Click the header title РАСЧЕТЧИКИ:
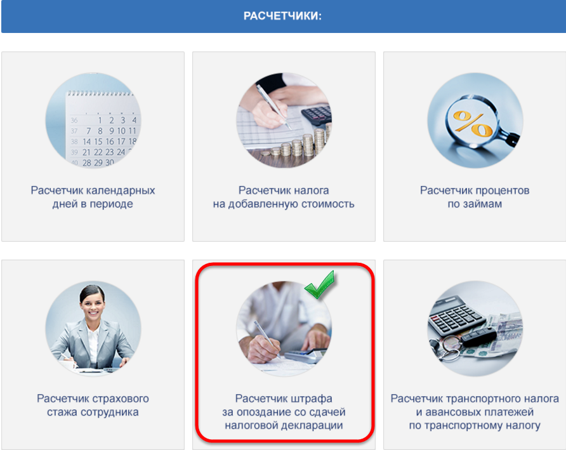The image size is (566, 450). pyautogui.click(x=282, y=17)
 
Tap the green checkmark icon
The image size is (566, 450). pyautogui.click(x=319, y=284)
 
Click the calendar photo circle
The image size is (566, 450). pyautogui.click(x=93, y=120)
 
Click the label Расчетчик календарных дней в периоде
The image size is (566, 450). pyautogui.click(x=93, y=197)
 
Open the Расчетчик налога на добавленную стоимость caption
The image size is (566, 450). pyautogui.click(x=284, y=197)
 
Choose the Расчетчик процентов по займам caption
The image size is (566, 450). pyautogui.click(x=475, y=197)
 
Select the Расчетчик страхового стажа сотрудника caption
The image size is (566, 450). pyautogui.click(x=93, y=405)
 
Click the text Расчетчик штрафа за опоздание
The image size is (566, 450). pyautogui.click(x=284, y=405)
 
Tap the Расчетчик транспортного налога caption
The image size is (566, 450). pyautogui.click(x=475, y=399)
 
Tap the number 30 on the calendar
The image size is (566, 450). pyautogui.click(x=110, y=162)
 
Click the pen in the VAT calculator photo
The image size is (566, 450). pyautogui.click(x=273, y=107)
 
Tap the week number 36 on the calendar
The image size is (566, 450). pyautogui.click(x=74, y=120)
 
